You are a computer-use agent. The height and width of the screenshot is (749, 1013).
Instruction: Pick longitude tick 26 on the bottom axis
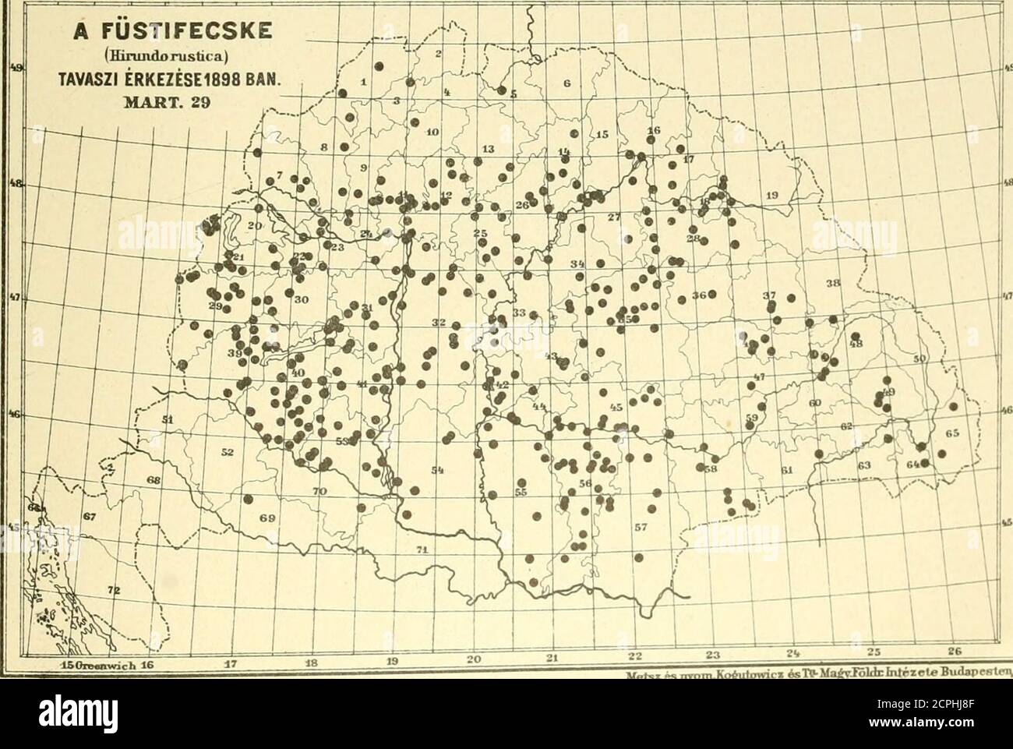pos(966,652)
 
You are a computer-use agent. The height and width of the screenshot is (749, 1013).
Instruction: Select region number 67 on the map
pos(90,517)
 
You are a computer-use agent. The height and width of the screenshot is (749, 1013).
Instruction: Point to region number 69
pos(268,518)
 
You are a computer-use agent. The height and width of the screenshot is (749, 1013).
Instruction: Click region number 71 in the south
pos(422,550)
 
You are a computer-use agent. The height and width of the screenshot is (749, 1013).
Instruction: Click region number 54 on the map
pos(438,469)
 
